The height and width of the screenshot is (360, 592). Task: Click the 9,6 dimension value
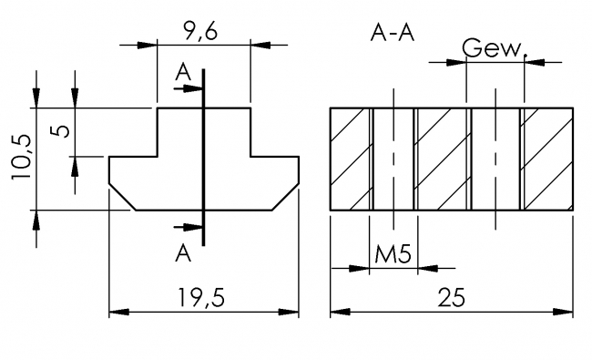point(203,35)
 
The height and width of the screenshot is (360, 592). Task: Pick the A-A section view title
point(393,34)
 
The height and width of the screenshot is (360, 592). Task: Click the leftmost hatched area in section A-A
point(350,159)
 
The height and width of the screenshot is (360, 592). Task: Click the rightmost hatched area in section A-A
point(550,159)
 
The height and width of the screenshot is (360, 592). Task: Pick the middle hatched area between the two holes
point(442,159)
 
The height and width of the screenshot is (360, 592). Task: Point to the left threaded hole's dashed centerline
point(393,159)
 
